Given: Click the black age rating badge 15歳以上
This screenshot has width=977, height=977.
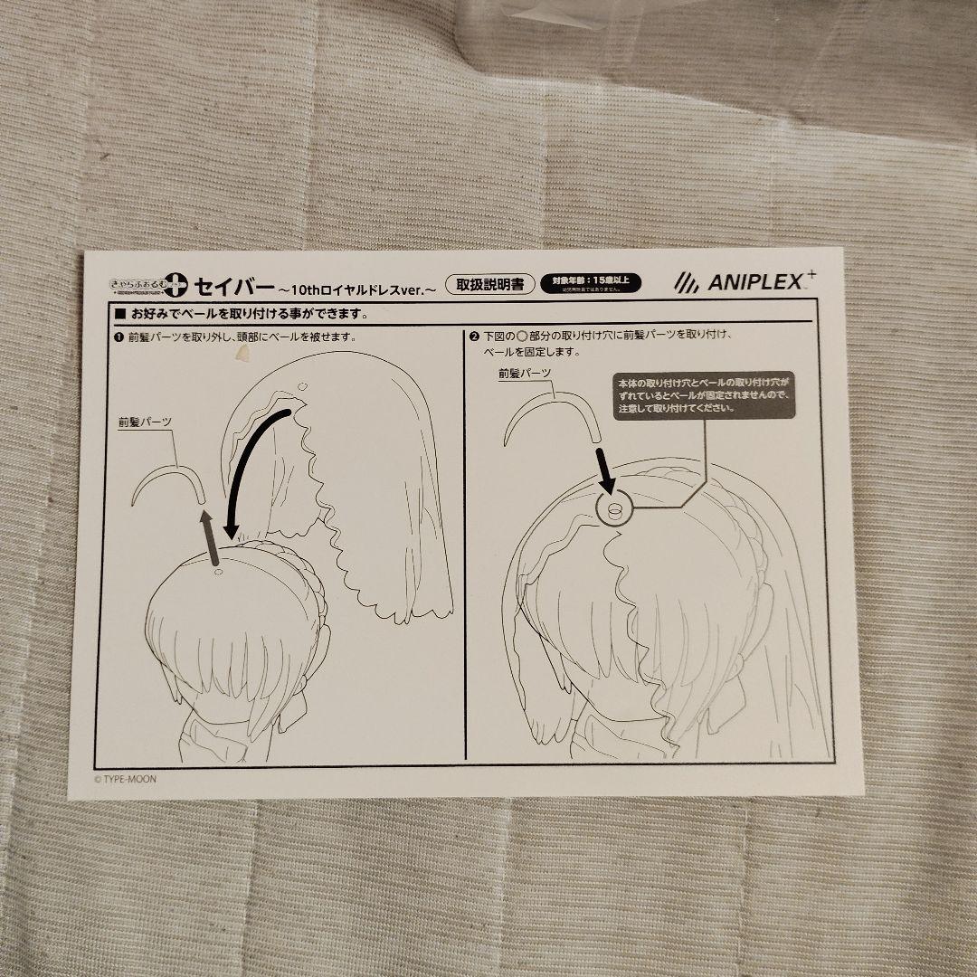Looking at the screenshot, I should click(591, 282).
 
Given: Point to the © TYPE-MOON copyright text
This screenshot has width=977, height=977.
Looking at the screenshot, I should click(127, 775).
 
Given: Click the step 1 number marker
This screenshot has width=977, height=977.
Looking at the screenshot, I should click(119, 337).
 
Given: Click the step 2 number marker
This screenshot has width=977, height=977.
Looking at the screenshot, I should click(473, 337).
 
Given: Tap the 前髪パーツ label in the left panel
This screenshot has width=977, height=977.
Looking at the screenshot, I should click(146, 422).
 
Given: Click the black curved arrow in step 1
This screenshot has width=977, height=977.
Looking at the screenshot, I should click(248, 470).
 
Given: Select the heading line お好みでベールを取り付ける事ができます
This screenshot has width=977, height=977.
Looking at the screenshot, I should click(240, 315).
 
